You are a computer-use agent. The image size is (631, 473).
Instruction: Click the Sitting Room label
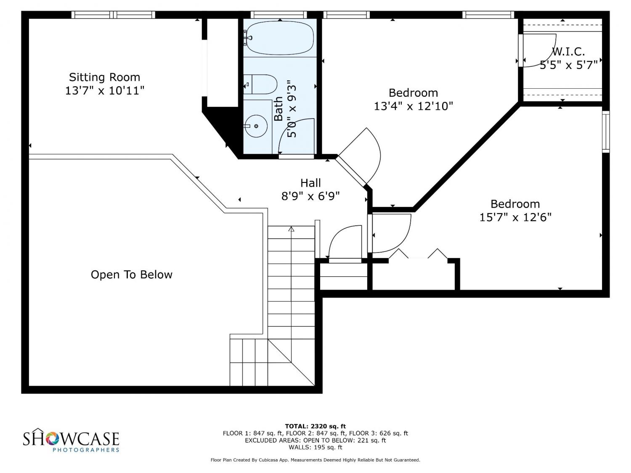click(104, 77)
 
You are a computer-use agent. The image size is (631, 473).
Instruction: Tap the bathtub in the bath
click(280, 37)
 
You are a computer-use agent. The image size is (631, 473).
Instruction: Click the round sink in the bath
click(256, 126)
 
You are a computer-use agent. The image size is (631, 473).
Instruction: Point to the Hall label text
click(310, 183)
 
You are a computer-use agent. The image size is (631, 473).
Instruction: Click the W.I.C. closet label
click(568, 52)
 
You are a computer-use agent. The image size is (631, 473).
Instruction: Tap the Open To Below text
click(131, 275)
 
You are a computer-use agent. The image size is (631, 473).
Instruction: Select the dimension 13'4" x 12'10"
click(413, 106)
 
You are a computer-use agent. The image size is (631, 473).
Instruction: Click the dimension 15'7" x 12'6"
click(515, 217)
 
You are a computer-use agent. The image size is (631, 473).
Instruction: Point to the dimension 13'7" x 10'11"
click(104, 91)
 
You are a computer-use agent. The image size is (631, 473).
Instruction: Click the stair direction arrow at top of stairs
click(291, 229)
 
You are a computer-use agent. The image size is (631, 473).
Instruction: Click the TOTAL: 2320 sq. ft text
click(315, 426)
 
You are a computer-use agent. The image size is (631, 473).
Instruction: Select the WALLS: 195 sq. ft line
click(315, 447)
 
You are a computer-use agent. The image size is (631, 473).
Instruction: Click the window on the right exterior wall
click(606, 132)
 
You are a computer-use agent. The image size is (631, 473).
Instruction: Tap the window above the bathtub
click(278, 15)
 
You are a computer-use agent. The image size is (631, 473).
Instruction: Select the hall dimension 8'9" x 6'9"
click(310, 196)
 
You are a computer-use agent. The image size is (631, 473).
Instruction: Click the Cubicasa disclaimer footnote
click(315, 460)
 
